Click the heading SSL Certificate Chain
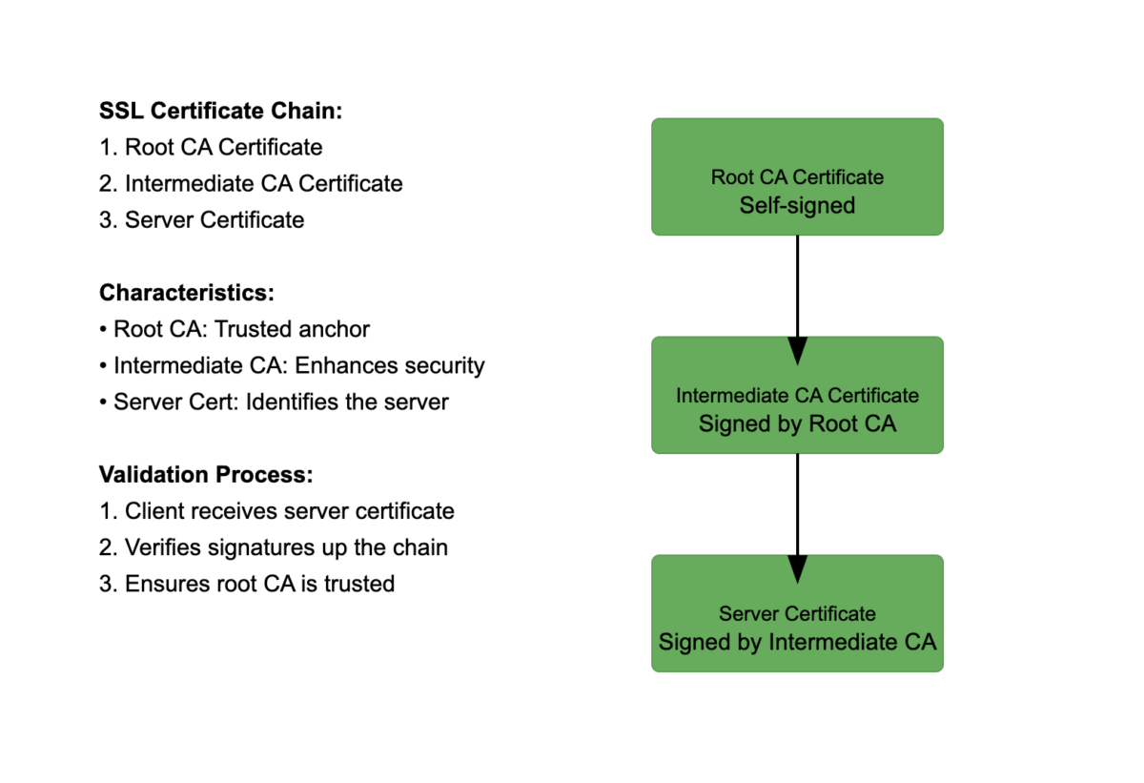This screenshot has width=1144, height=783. (x=220, y=111)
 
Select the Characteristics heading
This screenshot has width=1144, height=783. (x=186, y=293)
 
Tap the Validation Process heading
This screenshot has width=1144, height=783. (x=206, y=475)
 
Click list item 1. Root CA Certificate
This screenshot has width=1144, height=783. (x=211, y=147)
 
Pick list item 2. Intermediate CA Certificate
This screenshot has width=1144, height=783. (x=251, y=183)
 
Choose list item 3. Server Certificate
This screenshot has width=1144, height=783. (x=201, y=219)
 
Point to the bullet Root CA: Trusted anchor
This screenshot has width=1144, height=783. (x=235, y=329)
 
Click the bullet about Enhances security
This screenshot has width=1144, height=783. (x=292, y=365)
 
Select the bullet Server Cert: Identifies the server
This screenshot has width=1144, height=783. (x=274, y=402)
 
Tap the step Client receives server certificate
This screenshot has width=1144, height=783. (x=276, y=511)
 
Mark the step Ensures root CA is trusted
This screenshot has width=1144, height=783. (x=247, y=584)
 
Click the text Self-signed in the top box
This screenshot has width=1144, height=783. (x=797, y=205)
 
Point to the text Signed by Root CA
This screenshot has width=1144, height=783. (x=797, y=423)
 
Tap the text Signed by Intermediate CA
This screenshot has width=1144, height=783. (x=797, y=642)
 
